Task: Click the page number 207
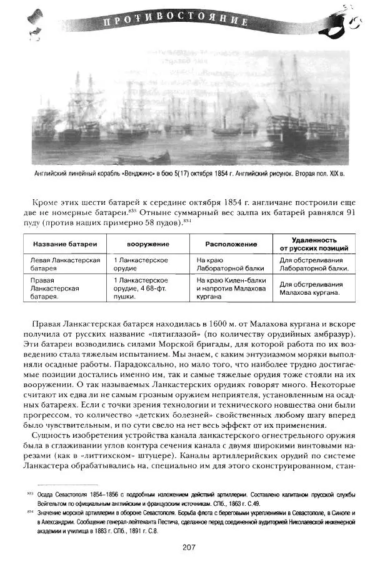189,548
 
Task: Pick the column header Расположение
231,244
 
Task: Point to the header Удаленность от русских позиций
314,244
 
